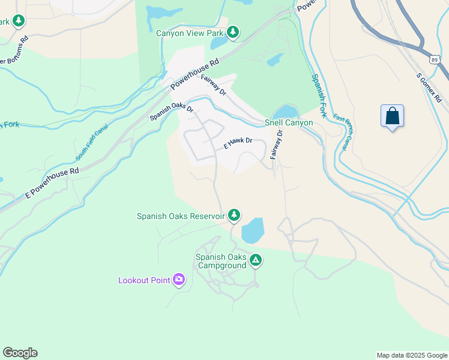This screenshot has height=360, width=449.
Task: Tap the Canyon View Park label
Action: click(x=190, y=33)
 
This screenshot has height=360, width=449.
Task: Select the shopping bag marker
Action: click(x=392, y=116)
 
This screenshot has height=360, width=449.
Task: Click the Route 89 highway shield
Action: click(x=433, y=58)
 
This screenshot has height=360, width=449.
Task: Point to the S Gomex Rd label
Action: click(x=429, y=88)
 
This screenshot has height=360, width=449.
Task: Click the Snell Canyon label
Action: click(x=289, y=122)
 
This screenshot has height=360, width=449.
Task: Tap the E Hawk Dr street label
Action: click(x=237, y=144)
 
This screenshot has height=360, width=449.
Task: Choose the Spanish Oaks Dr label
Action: click(x=172, y=112)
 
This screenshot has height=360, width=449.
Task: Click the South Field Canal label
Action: click(x=88, y=145)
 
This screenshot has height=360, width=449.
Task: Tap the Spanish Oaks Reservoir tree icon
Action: click(x=234, y=215)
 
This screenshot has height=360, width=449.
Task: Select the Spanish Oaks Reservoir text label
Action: click(x=181, y=215)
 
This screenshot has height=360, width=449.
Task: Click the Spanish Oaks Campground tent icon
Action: click(x=256, y=260)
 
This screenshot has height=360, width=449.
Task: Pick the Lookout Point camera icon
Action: click(x=178, y=279)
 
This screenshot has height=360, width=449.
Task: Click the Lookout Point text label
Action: click(x=143, y=280)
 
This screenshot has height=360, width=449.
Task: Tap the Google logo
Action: click(x=20, y=353)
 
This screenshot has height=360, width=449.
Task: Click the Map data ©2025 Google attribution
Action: click(x=411, y=355)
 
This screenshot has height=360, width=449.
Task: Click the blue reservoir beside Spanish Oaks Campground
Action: click(x=252, y=229)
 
